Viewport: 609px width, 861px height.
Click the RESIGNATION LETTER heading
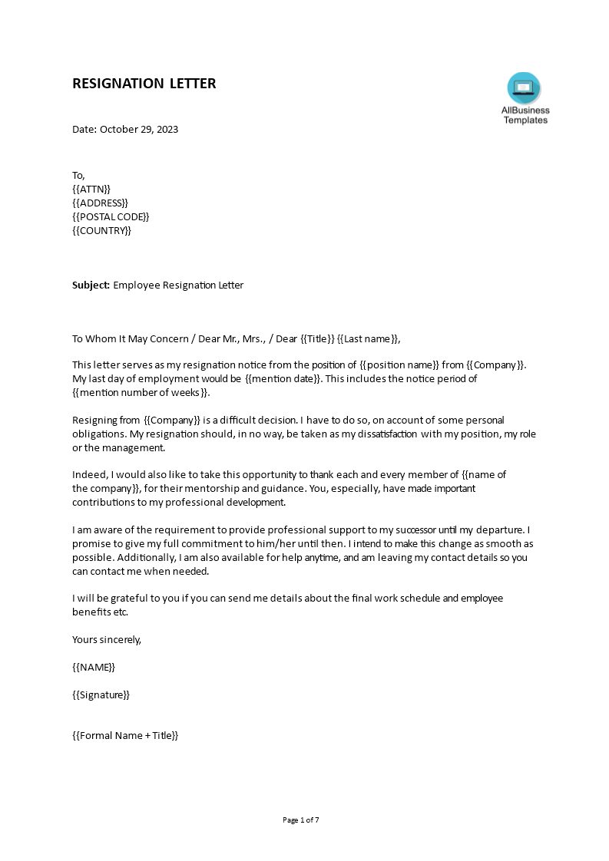pyautogui.click(x=144, y=84)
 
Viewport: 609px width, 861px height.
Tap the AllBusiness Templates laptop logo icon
pyautogui.click(x=525, y=88)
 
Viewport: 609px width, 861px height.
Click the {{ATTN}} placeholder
pyautogui.click(x=91, y=189)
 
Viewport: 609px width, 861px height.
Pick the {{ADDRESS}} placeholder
pyautogui.click(x=100, y=203)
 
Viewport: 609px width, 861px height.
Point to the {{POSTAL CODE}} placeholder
pyautogui.click(x=111, y=216)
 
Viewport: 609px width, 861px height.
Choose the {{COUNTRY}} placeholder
pyautogui.click(x=101, y=230)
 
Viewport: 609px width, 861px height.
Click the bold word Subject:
pyautogui.click(x=91, y=285)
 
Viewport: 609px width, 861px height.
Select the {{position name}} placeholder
pyautogui.click(x=399, y=365)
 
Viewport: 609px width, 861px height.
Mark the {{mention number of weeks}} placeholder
pyautogui.click(x=141, y=392)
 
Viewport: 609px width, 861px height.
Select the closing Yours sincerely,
pyautogui.click(x=107, y=639)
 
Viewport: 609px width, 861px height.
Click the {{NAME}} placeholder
pyautogui.click(x=94, y=667)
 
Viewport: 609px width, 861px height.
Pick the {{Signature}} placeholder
pyautogui.click(x=101, y=694)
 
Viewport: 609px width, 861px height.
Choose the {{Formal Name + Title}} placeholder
pyautogui.click(x=125, y=735)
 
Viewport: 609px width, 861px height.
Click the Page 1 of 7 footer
pyautogui.click(x=301, y=820)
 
